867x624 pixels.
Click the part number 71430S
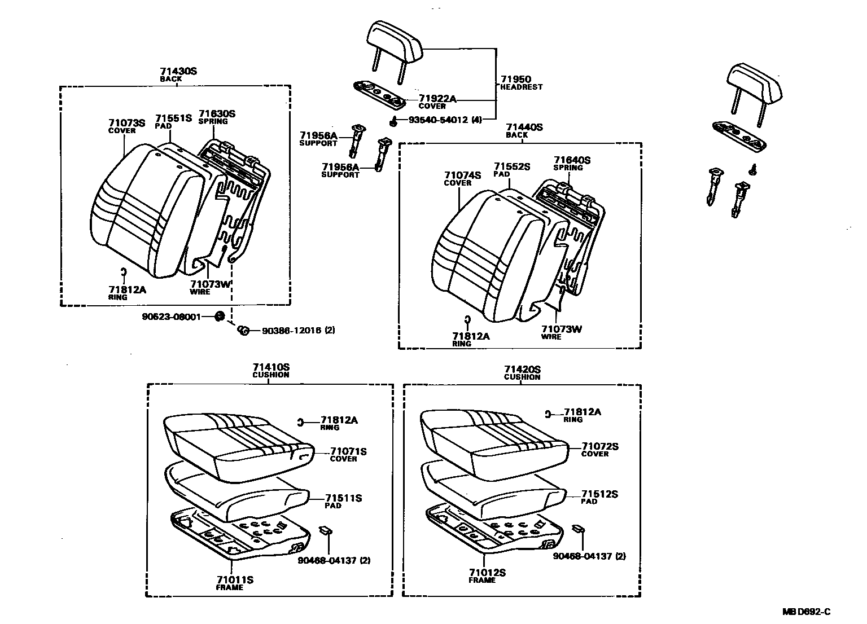coord(178,72)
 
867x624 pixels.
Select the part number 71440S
coord(524,128)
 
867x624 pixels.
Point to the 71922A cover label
coord(437,99)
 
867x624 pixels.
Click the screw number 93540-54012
coord(438,120)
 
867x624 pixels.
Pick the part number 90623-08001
coord(171,317)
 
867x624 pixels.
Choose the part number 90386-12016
coord(290,330)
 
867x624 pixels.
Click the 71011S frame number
coord(235,579)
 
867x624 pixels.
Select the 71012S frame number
coord(487,573)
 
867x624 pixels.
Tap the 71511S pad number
coord(343,498)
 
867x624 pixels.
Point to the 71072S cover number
coord(600,446)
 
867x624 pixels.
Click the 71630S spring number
coord(217,114)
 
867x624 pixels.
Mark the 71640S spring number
coord(572,160)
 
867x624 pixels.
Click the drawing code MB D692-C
coord(806,612)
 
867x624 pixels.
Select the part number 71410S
coord(270,367)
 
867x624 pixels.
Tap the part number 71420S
coord(522,369)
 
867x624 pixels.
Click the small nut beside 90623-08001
coord(220,316)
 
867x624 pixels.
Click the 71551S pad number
coord(174,118)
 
